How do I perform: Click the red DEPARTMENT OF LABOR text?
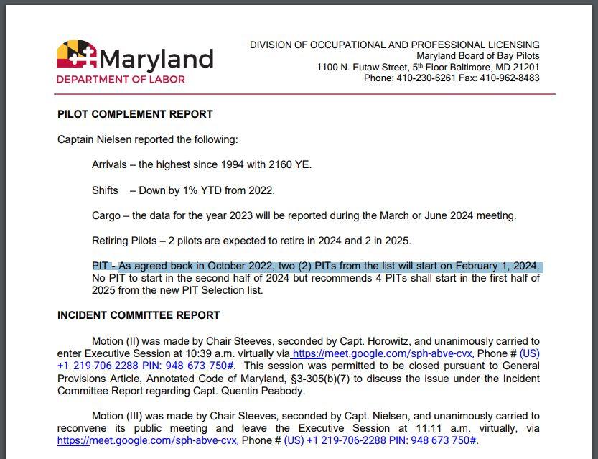(121, 79)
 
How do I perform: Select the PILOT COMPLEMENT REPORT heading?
(135, 114)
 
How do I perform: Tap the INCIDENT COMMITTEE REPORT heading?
(139, 315)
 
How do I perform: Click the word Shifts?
(105, 190)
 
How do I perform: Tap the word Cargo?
(106, 215)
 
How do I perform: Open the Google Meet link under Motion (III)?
(147, 440)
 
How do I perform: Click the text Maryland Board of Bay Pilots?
(477, 56)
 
